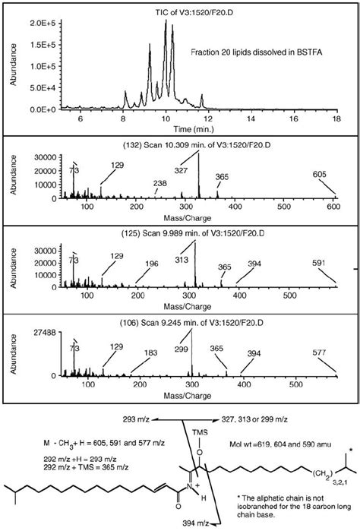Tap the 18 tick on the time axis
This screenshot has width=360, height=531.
(x=336, y=119)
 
